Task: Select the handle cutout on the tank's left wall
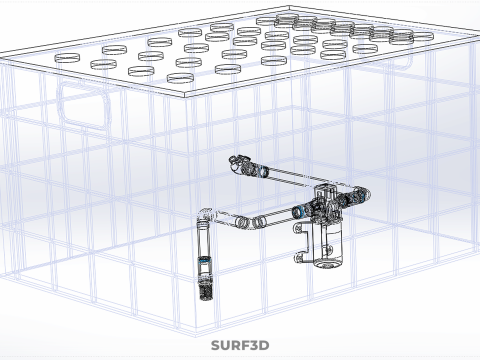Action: coord(79,104)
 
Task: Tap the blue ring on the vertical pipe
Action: coord(205,260)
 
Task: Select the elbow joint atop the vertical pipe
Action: coord(204,215)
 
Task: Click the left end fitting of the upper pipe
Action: coord(238,161)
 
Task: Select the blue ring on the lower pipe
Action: coord(297,211)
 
